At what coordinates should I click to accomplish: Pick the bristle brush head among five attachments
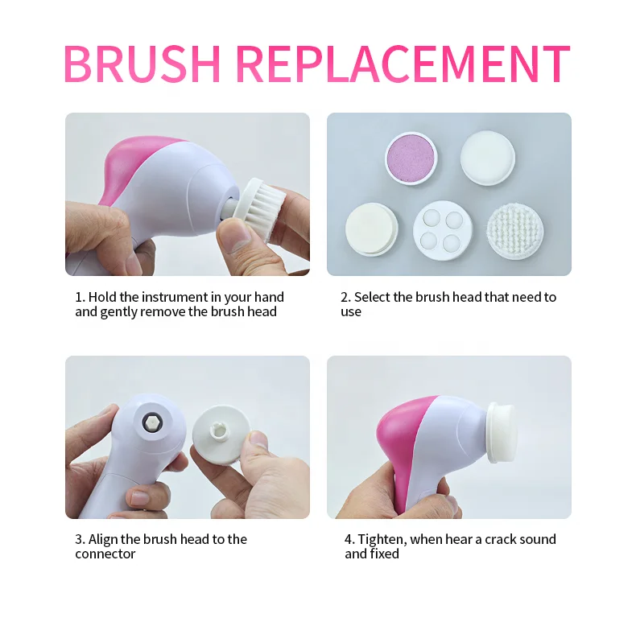(515, 230)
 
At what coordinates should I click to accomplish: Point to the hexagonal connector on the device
(151, 421)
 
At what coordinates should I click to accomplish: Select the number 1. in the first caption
(80, 298)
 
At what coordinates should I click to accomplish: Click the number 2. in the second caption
(345, 298)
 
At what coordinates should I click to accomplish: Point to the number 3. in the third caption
(81, 540)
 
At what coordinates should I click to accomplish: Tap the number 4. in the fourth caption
(349, 540)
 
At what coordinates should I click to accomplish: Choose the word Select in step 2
(372, 298)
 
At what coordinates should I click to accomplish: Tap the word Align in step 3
(103, 540)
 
